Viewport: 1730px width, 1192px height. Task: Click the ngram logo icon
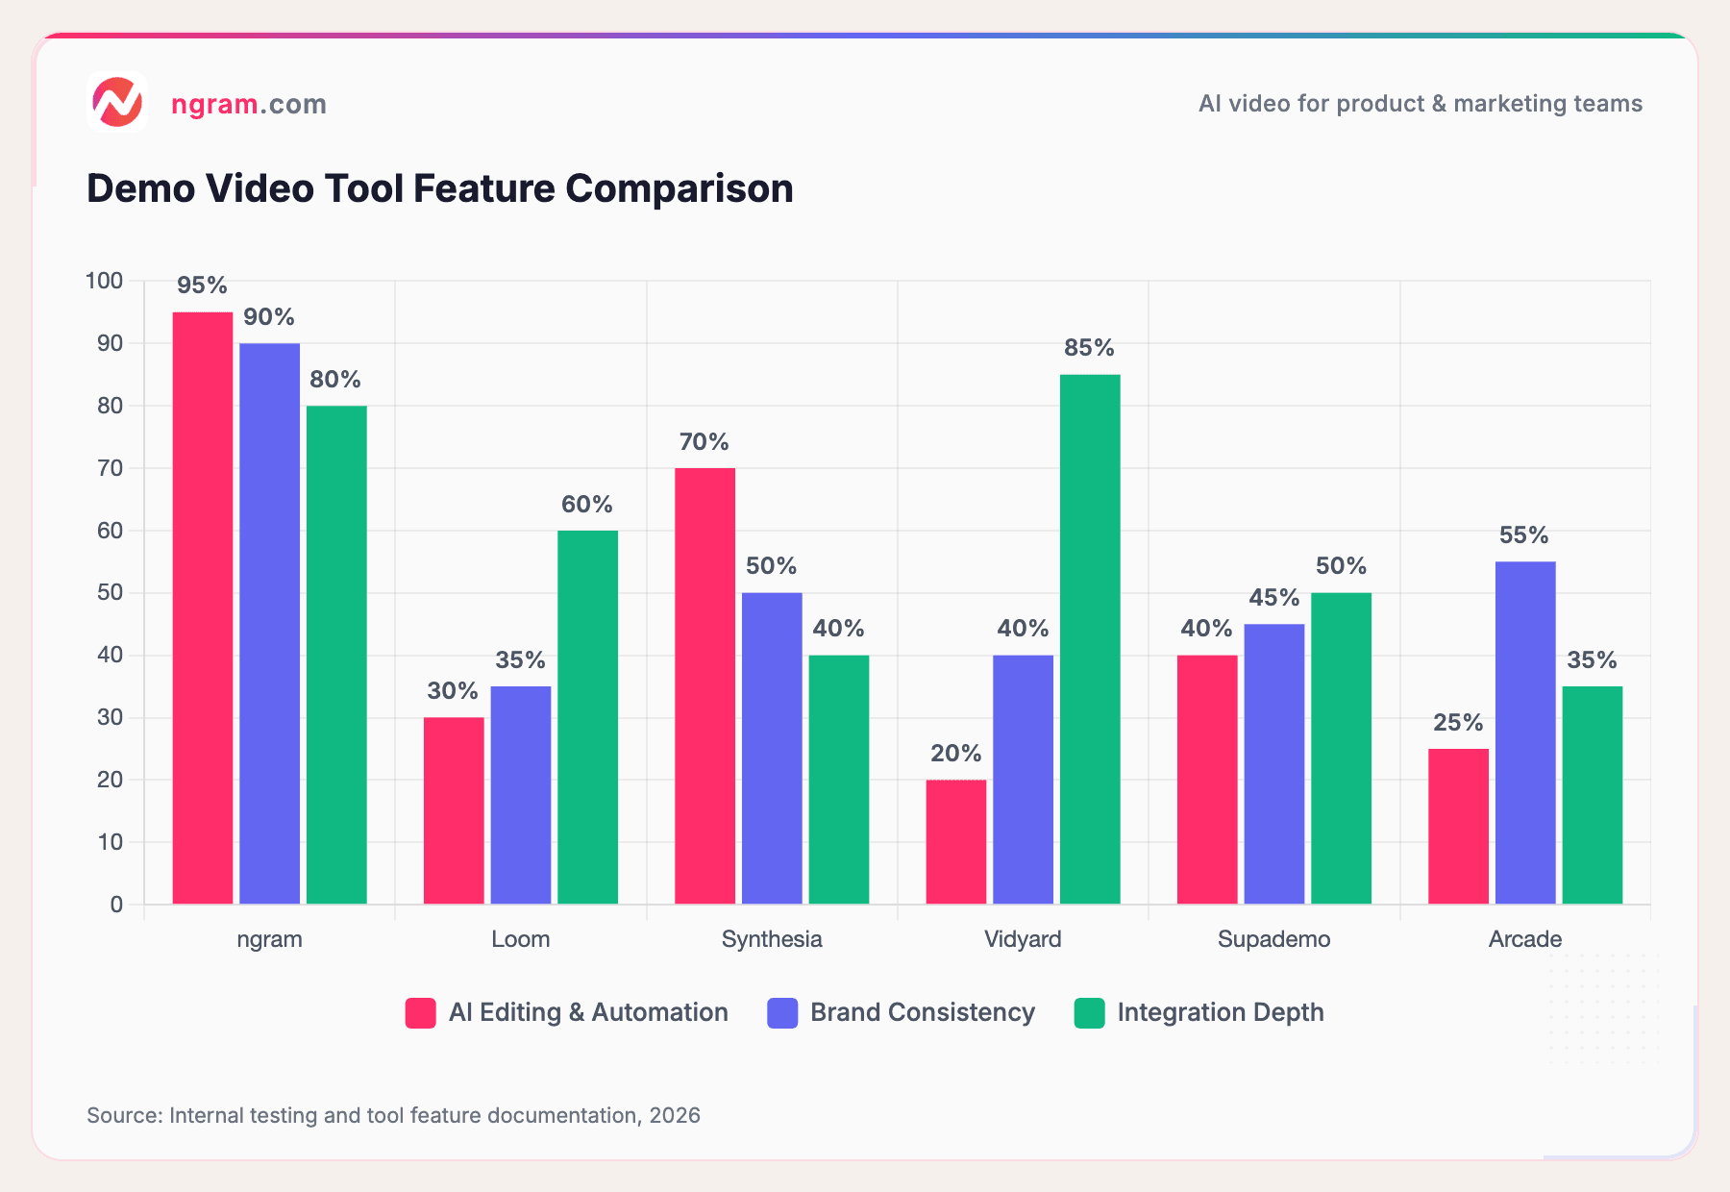(117, 102)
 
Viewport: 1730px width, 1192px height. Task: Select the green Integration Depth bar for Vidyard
(1090, 639)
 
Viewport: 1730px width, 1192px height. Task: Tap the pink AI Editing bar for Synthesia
(704, 685)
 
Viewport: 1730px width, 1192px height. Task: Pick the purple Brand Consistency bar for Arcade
(1525, 733)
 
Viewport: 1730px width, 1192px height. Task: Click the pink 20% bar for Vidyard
(955, 841)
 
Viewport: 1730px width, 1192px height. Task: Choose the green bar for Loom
(587, 717)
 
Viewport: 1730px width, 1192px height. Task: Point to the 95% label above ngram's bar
(202, 286)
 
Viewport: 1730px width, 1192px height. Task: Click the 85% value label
(1089, 348)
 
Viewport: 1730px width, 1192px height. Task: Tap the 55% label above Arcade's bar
(1524, 535)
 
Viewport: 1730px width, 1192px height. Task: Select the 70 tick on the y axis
(110, 468)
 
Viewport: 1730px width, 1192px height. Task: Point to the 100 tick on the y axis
(104, 281)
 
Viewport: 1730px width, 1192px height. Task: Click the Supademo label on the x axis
(1273, 939)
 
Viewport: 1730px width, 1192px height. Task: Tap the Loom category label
(520, 939)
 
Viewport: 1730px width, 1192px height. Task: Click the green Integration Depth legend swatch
(1089, 1013)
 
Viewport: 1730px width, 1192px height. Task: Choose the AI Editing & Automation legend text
(587, 1012)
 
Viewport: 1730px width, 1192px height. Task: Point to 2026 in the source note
(675, 1115)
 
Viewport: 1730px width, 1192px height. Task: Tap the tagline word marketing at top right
(1496, 104)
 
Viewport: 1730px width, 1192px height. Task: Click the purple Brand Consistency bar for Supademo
(1273, 763)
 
